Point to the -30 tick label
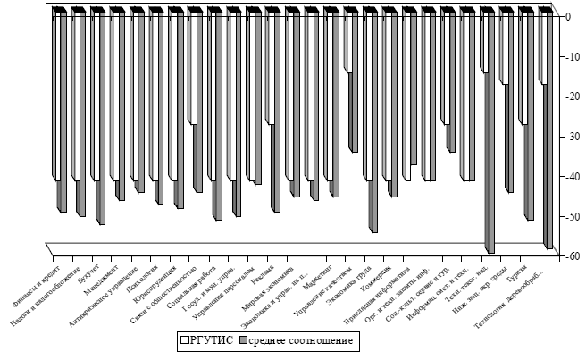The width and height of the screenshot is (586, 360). click(x=565, y=137)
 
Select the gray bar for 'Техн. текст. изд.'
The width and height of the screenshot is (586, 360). click(x=490, y=161)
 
